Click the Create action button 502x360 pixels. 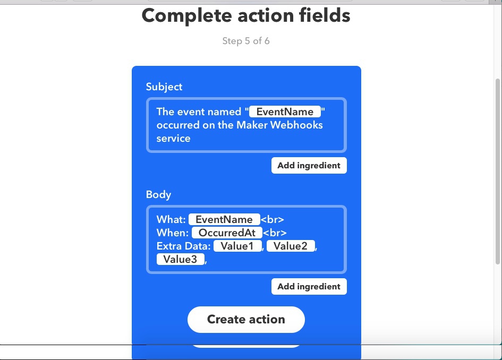point(246,319)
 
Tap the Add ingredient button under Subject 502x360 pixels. point(309,166)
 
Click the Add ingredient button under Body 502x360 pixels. point(309,286)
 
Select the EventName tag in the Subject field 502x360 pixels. point(285,112)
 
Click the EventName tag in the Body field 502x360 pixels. point(224,219)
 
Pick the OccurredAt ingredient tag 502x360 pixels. point(227,233)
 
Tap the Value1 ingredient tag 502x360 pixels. point(237,246)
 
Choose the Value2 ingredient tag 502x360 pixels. point(291,246)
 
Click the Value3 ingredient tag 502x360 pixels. point(180,259)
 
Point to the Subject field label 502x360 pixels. point(164,87)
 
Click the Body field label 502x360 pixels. point(158,194)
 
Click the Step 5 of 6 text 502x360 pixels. point(246,41)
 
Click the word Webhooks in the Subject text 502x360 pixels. point(296,125)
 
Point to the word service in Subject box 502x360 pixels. point(174,138)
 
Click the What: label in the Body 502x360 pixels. point(171,219)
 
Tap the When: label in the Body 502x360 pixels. point(173,233)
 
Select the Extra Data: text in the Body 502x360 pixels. point(183,246)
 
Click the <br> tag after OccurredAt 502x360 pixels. point(275,233)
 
